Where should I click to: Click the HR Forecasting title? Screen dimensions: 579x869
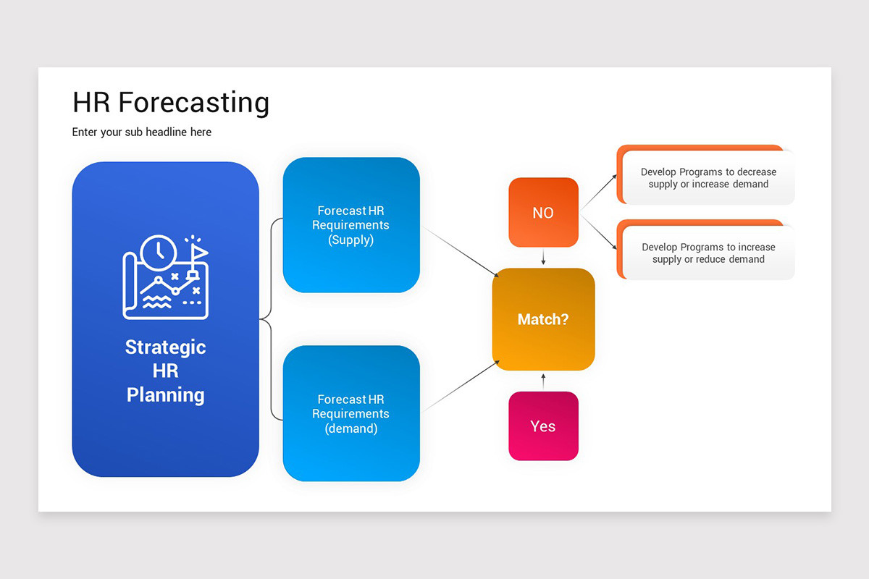tap(171, 103)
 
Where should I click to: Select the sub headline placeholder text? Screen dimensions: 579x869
tap(142, 132)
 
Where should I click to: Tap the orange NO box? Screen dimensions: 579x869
tap(543, 213)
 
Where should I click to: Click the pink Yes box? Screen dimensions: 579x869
tap(543, 426)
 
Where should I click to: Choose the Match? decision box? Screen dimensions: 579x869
tap(543, 319)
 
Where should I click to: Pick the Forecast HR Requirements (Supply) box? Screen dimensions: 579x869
tap(351, 225)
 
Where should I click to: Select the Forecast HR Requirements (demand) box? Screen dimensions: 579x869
tap(351, 413)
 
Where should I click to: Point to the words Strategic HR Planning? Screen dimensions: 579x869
tap(165, 371)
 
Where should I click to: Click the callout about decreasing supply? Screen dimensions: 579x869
tap(708, 178)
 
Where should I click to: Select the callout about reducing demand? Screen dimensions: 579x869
tap(708, 253)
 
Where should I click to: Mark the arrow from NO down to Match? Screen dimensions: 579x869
tap(543, 258)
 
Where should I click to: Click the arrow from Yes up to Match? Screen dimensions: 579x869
tap(543, 381)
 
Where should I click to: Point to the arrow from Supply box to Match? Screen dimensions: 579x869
tap(460, 253)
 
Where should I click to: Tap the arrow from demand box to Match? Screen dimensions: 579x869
tap(460, 386)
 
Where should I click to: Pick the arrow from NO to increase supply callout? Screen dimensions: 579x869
tap(598, 232)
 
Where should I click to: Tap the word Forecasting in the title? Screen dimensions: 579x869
tap(193, 103)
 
